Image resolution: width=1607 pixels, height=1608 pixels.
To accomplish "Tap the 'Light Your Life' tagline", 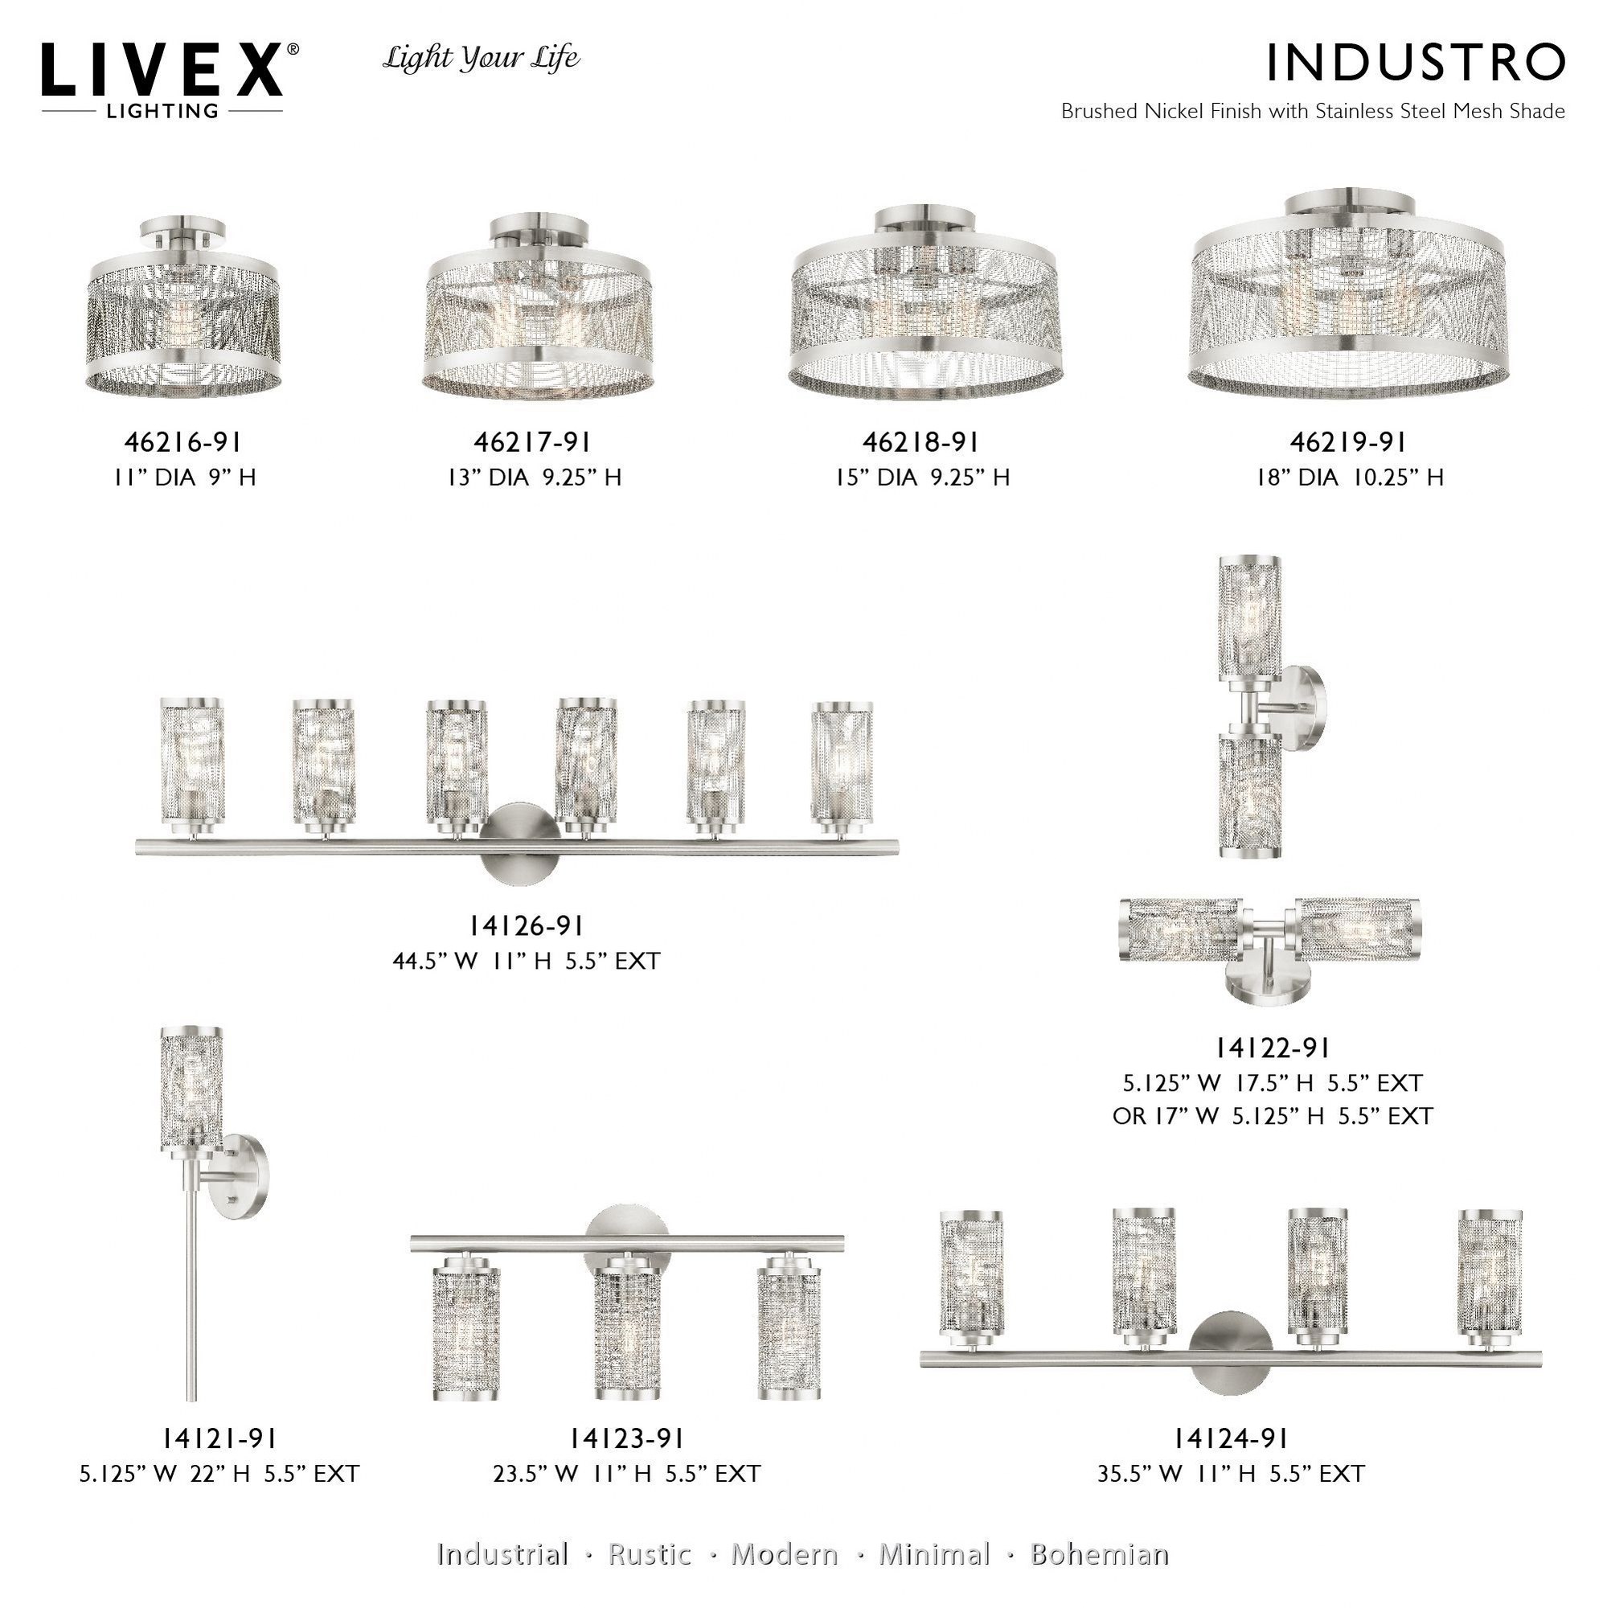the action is (481, 59).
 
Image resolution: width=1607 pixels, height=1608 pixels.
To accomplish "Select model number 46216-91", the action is (184, 442).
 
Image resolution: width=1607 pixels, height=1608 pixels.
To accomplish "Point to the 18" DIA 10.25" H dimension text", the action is (1350, 478).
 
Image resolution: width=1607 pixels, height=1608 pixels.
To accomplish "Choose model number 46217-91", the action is (533, 442).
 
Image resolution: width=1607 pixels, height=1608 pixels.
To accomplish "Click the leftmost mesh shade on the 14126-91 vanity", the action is (191, 765).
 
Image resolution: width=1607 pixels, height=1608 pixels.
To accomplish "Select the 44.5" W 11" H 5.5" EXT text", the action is (526, 962).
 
